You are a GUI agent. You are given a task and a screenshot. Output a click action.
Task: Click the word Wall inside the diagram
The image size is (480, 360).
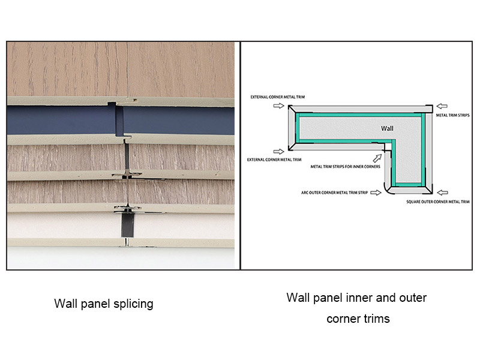pos(387,128)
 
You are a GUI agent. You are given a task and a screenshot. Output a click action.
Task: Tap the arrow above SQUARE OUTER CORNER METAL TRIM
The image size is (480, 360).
pos(441,193)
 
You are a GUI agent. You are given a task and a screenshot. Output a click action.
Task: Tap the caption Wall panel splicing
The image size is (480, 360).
pos(104,304)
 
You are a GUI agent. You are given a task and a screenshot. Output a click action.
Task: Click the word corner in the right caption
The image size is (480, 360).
pos(341,319)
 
